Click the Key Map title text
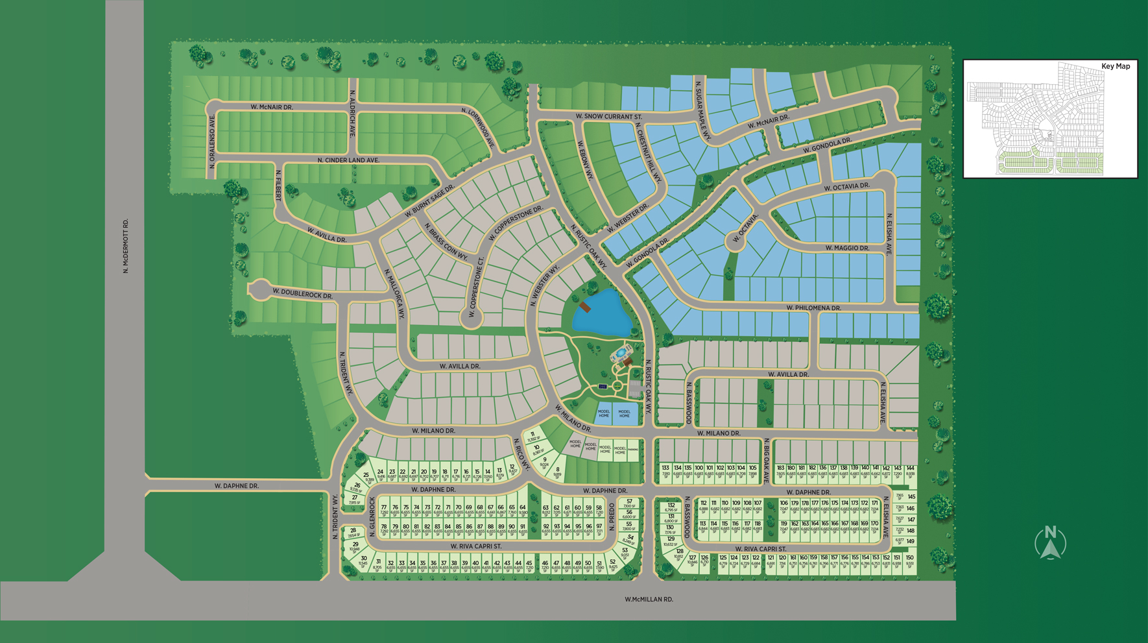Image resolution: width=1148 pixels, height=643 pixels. [1116, 66]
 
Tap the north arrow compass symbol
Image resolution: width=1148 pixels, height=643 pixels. [1050, 542]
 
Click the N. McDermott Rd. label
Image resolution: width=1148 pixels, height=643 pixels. [126, 246]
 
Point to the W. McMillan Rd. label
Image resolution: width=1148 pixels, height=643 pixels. [649, 600]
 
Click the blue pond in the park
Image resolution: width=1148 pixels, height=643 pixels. [601, 313]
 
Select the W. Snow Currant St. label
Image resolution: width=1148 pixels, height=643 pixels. [608, 117]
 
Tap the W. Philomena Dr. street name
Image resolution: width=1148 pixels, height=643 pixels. [813, 308]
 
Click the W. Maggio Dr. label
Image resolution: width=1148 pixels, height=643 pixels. [847, 248]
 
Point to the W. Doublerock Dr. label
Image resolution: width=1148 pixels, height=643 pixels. [302, 294]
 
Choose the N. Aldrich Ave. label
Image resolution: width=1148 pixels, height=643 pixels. [353, 114]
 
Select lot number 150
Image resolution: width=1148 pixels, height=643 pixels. [909, 558]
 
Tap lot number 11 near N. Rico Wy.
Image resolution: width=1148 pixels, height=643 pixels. [532, 435]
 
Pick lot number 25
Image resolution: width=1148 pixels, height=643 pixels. [366, 475]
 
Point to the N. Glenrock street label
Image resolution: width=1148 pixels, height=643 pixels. [372, 517]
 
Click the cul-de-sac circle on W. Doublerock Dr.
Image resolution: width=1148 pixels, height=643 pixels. [259, 289]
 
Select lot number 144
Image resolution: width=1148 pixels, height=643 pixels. [911, 468]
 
